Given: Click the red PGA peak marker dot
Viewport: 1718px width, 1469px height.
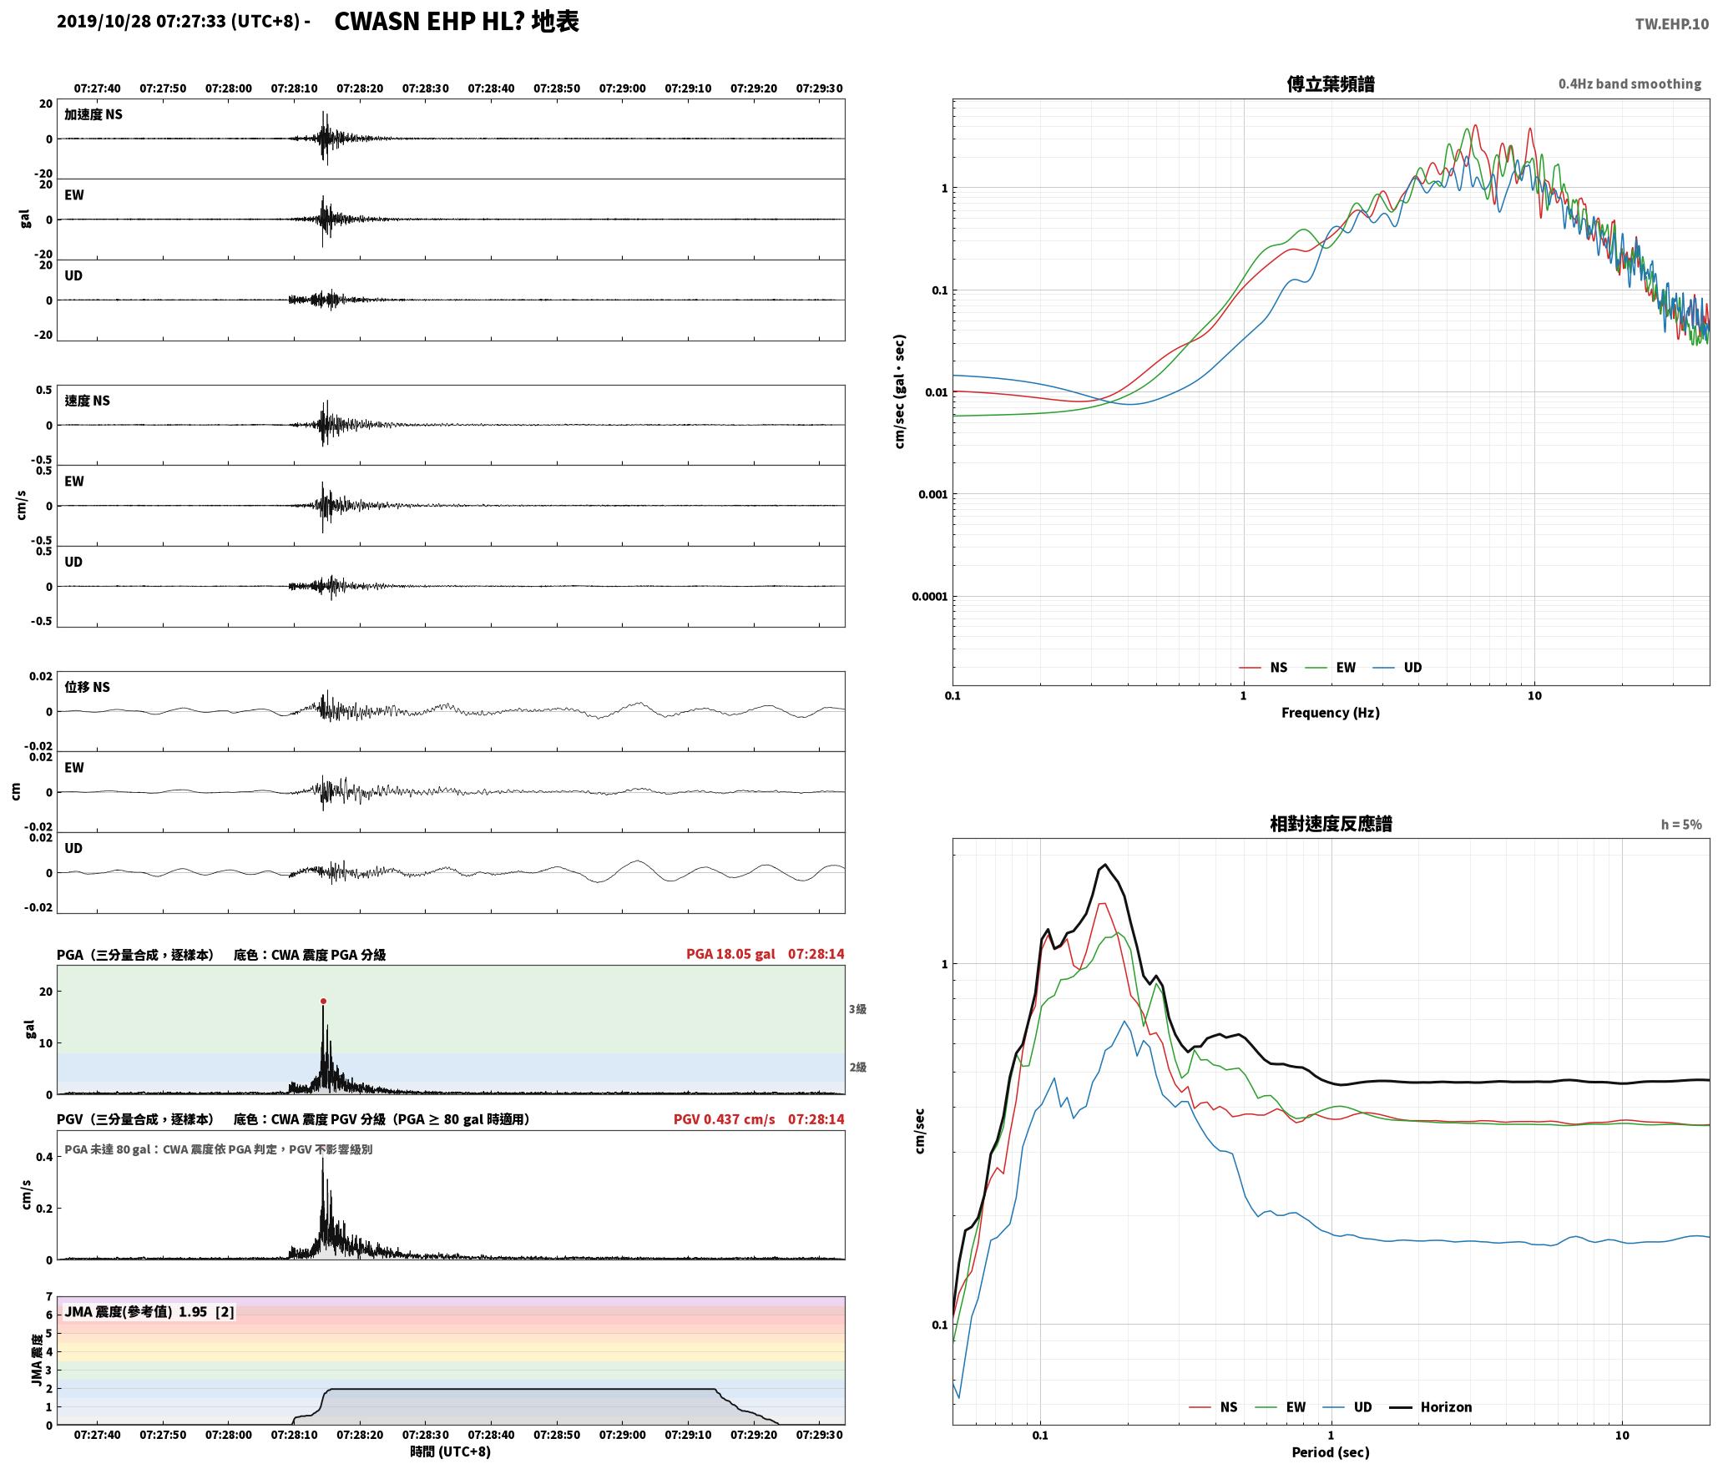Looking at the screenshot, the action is click(x=323, y=1001).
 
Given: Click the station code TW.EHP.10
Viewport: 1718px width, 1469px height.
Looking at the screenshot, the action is click(x=1671, y=24).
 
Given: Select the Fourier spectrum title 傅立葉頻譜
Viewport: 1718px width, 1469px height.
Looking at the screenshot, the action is click(x=1331, y=83).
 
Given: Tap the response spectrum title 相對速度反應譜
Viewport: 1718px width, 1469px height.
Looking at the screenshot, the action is click(x=1331, y=824).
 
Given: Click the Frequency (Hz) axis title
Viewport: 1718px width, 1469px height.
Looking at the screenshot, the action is click(x=1331, y=712).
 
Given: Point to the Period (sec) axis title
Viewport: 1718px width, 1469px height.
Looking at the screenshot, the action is click(x=1331, y=1452).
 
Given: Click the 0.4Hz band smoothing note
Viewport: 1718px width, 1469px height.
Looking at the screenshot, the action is click(x=1630, y=83).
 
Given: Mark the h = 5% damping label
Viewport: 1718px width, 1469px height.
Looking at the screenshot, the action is click(x=1681, y=825).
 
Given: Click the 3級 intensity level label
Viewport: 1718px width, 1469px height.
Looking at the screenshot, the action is click(x=857, y=1009).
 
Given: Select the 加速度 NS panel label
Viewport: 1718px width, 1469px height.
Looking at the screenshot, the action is click(x=93, y=114).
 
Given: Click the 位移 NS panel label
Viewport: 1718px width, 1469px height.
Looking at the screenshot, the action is click(x=88, y=687).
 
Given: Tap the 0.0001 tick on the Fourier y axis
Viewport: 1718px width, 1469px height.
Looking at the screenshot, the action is click(x=929, y=597).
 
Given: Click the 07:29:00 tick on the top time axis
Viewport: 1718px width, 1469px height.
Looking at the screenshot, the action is click(x=622, y=88).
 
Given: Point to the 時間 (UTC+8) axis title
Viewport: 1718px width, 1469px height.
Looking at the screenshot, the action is click(x=450, y=1452).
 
